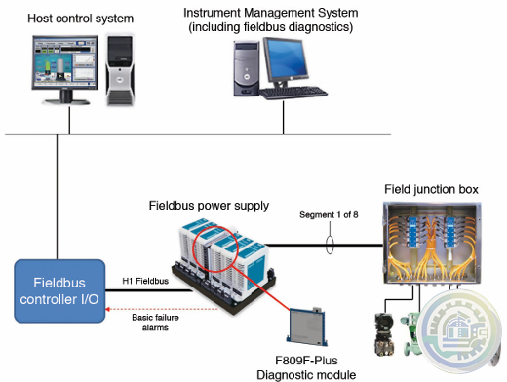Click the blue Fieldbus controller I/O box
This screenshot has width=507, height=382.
pyautogui.click(x=59, y=291)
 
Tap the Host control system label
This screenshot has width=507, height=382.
pyautogui.click(x=80, y=19)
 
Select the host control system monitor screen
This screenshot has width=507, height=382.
pyautogui.click(x=65, y=62)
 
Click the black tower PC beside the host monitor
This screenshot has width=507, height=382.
pyautogui.click(x=120, y=70)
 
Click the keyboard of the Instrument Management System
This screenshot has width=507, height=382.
pyautogui.click(x=293, y=92)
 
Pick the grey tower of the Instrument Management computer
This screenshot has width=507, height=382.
pyautogui.click(x=247, y=68)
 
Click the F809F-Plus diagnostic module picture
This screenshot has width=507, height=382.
pyautogui.click(x=307, y=326)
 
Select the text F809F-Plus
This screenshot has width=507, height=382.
pyautogui.click(x=306, y=361)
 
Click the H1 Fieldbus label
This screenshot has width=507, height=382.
pyautogui.click(x=145, y=281)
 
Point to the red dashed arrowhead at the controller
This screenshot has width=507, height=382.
pyautogui.click(x=108, y=309)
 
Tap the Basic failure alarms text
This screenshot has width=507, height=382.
pyautogui.click(x=155, y=323)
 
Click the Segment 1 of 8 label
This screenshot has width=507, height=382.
pyautogui.click(x=329, y=214)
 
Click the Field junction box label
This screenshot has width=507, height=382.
pyautogui.click(x=431, y=189)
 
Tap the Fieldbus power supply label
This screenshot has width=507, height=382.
pyautogui.click(x=209, y=206)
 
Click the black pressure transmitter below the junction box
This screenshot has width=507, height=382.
pyautogui.click(x=384, y=334)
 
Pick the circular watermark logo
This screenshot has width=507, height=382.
pyautogui.click(x=459, y=331)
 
